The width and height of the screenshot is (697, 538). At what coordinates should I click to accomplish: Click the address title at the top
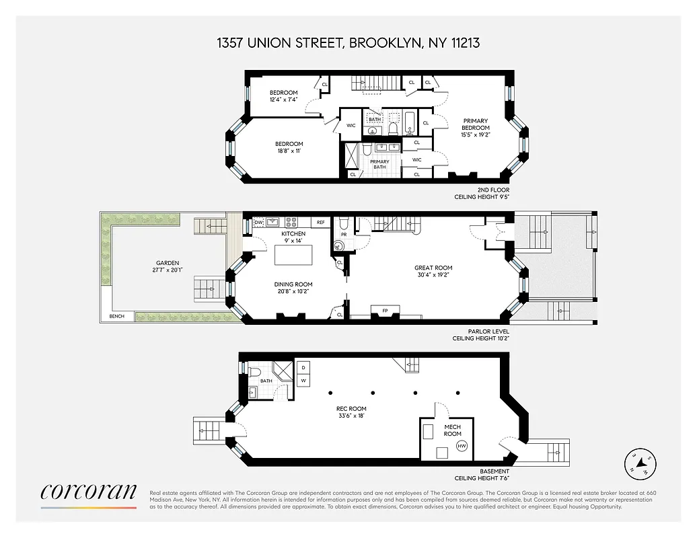[x=348, y=43]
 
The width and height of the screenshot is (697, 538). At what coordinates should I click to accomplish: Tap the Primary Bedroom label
[x=475, y=128]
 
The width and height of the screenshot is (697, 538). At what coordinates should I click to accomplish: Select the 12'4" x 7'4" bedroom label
[x=283, y=96]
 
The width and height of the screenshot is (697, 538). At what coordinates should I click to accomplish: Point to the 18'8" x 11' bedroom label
[x=289, y=147]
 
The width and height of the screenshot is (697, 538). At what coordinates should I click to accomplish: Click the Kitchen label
[x=293, y=237]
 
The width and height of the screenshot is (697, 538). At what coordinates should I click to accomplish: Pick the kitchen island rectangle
[x=294, y=256]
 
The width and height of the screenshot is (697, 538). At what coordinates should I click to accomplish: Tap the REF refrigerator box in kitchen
[x=321, y=222]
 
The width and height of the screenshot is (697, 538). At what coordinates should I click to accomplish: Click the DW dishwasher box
[x=258, y=222]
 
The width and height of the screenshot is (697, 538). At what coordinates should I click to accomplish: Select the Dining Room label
[x=294, y=288]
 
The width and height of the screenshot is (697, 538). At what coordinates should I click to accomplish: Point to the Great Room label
[x=433, y=271]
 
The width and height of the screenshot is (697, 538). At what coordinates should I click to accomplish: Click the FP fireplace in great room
[x=385, y=310]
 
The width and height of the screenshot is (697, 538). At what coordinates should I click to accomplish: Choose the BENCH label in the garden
[x=117, y=316]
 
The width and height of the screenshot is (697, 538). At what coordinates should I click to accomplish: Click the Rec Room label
[x=351, y=412]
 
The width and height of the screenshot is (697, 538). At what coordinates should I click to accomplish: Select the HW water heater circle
[x=462, y=446]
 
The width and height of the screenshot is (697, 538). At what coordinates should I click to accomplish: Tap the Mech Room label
[x=452, y=430]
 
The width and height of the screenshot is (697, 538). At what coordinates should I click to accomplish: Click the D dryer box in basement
[x=303, y=368]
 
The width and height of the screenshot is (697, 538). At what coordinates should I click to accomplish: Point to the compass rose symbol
[x=640, y=463]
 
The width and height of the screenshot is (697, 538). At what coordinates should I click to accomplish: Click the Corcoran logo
[x=88, y=492]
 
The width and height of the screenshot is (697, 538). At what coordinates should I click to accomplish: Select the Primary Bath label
[x=379, y=164]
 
